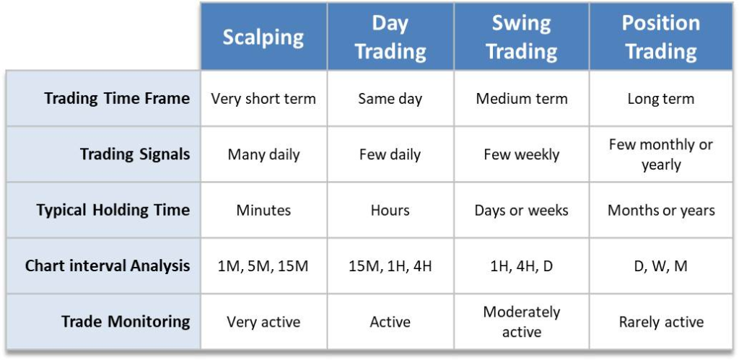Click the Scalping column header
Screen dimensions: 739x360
click(263, 38)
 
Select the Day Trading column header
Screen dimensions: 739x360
click(390, 38)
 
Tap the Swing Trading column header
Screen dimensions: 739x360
click(521, 38)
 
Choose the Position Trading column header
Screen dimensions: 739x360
click(661, 38)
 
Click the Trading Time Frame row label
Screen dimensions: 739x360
click(117, 99)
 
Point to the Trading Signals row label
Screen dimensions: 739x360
click(135, 154)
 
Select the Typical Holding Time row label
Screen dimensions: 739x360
click(113, 210)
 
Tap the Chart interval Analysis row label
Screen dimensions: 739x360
click(108, 265)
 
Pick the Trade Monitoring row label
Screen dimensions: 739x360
click(126, 322)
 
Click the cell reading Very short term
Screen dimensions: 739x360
click(263, 99)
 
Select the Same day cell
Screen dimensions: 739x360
click(390, 99)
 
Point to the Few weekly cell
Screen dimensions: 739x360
click(521, 154)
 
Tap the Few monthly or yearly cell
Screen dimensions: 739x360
click(661, 154)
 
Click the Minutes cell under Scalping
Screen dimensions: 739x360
click(263, 210)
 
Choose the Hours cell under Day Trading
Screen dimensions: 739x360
click(390, 210)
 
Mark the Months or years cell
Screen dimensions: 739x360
click(661, 210)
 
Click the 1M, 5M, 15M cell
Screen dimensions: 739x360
click(263, 266)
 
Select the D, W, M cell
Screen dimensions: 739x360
click(661, 266)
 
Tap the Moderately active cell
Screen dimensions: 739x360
click(521, 322)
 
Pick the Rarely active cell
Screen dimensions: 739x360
click(661, 322)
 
